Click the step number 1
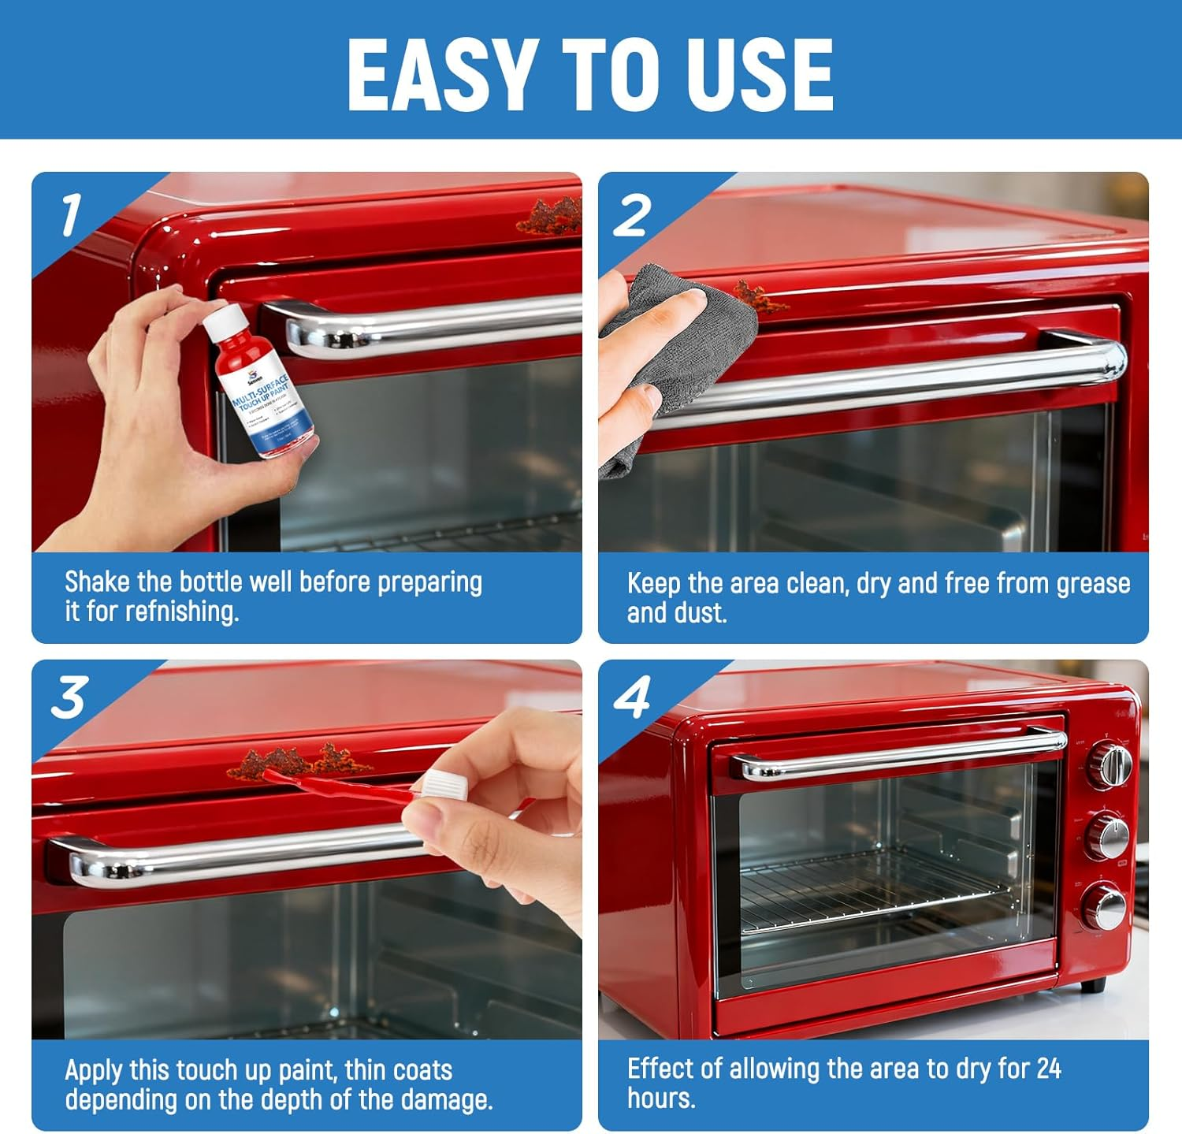click(71, 214)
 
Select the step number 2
click(632, 215)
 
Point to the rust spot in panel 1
click(552, 217)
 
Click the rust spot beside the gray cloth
click(757, 296)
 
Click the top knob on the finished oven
click(1111, 764)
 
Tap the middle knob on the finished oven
click(1110, 836)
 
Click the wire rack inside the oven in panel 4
click(875, 887)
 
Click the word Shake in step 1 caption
click(97, 582)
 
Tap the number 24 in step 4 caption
click(1049, 1069)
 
